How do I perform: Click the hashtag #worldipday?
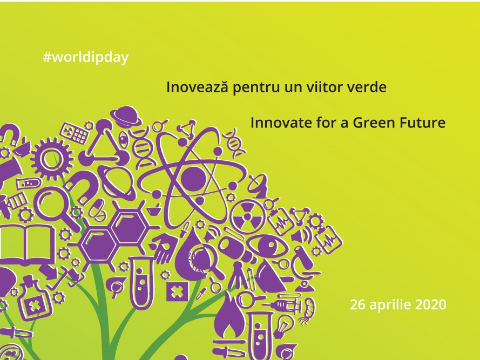pyautogui.click(x=86, y=58)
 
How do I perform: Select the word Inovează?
pyautogui.click(x=198, y=87)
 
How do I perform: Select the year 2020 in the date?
pyautogui.click(x=431, y=305)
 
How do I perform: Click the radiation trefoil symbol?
pyautogui.click(x=247, y=216)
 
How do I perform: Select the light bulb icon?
pyautogui.click(x=283, y=326)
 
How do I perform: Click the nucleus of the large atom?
pyautogui.click(x=193, y=178)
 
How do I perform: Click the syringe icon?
pyautogui.click(x=285, y=304)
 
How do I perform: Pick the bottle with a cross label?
pyautogui.click(x=32, y=298)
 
